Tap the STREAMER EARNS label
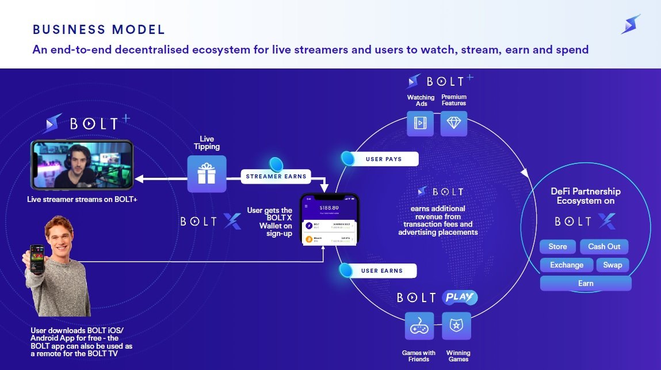tap(276, 176)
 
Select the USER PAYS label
tap(384, 159)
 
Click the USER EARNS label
tap(382, 270)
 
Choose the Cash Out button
tap(604, 246)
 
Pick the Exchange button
tap(567, 265)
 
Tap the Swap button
tap(612, 265)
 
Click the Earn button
tap(586, 283)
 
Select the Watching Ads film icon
tap(420, 123)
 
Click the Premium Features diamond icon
tap(454, 123)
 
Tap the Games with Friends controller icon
tap(419, 326)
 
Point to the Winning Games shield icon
tap(456, 326)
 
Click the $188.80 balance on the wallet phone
tap(329, 207)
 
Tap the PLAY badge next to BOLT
tap(460, 297)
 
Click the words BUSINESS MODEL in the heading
tap(99, 29)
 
